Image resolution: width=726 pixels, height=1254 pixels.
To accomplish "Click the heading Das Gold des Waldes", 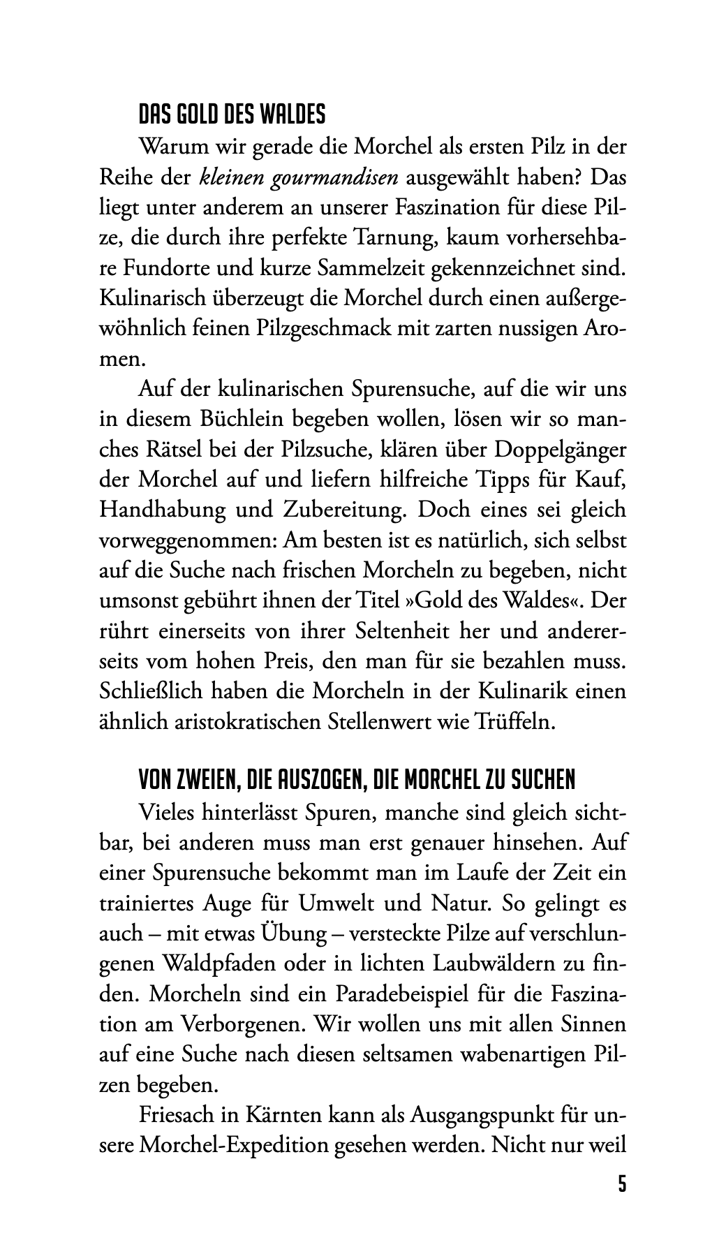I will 232,115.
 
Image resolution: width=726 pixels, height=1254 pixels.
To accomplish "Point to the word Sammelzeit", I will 380,269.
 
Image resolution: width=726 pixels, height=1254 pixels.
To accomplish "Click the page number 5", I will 621,1185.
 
